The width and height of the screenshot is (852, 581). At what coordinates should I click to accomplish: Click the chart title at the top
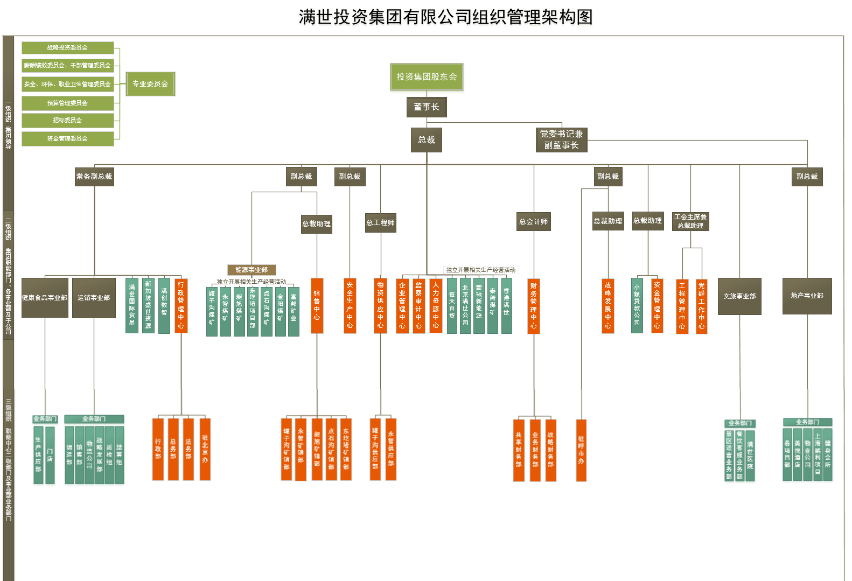[445, 17]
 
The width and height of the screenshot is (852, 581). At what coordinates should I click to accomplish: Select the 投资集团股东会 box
[427, 77]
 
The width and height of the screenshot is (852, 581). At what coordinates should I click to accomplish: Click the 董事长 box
[427, 107]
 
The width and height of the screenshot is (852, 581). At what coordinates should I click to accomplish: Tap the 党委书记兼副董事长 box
[561, 139]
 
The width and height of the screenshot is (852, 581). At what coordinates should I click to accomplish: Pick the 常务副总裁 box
[94, 177]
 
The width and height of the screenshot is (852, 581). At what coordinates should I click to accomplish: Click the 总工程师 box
[380, 222]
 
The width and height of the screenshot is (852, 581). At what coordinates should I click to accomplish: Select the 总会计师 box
[533, 221]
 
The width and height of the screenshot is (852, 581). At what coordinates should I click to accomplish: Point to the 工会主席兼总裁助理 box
[690, 221]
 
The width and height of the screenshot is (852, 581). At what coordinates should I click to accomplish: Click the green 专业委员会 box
[150, 84]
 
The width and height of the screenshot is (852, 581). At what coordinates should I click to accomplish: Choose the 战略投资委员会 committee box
[67, 48]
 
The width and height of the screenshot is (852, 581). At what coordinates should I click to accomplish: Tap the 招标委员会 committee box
[67, 120]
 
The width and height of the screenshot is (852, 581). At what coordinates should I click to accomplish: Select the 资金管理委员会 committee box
[67, 138]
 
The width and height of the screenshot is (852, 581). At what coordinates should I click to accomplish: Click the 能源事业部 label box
[252, 270]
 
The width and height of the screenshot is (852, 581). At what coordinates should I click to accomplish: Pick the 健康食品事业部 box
[45, 297]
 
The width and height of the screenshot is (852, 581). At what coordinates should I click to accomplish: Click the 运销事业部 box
[94, 297]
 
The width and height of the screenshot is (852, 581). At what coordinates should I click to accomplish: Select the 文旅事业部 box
[739, 296]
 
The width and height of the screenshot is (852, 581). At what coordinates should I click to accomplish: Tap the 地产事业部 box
[807, 296]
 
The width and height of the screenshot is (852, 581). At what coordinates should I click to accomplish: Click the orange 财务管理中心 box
[533, 305]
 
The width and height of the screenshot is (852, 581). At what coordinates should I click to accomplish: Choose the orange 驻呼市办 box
[581, 450]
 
